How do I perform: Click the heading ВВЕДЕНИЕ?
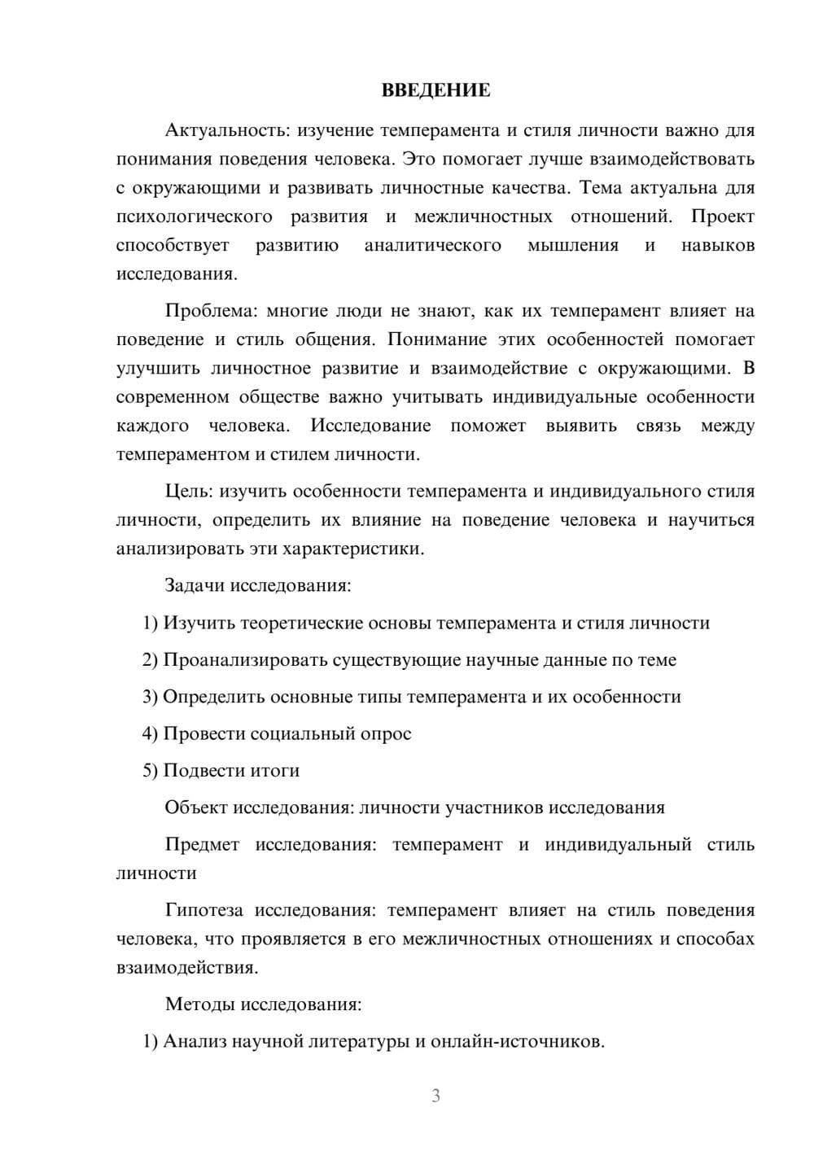[x=435, y=90]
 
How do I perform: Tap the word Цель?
[x=188, y=492]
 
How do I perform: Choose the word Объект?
[x=195, y=807]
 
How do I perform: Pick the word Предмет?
[x=202, y=844]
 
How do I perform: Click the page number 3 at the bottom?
[x=435, y=1096]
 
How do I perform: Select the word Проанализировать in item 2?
[x=245, y=660]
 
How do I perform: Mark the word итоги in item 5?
[x=274, y=770]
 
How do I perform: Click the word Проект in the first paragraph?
[x=723, y=217]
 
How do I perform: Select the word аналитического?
[x=432, y=245]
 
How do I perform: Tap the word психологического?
[x=194, y=217]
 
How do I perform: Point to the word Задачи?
[x=195, y=585]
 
